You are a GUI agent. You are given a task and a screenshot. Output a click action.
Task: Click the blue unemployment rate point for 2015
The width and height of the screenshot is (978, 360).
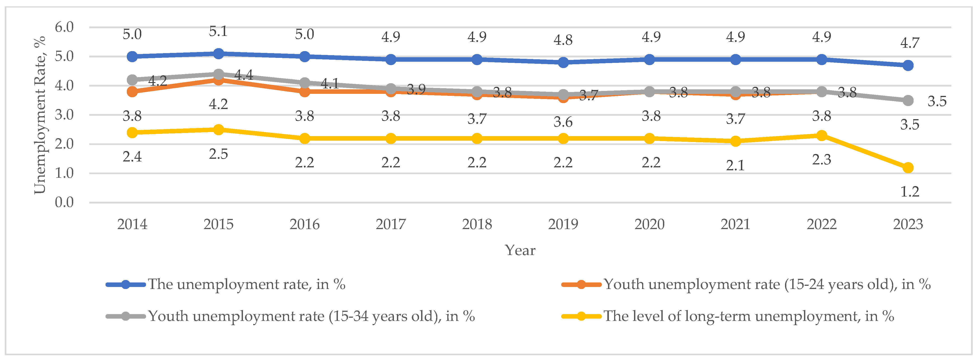click(x=218, y=54)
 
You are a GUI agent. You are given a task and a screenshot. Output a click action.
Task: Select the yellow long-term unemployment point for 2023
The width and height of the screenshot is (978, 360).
click(x=908, y=168)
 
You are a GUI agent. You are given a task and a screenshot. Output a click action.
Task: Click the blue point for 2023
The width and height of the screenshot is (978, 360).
click(x=908, y=65)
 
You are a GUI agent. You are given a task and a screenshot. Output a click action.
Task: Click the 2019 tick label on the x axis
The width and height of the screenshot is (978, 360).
click(x=563, y=224)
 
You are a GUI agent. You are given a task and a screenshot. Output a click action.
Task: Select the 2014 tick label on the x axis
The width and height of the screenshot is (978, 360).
click(x=132, y=224)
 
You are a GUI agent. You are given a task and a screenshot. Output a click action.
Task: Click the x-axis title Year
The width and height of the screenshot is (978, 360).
click(x=520, y=250)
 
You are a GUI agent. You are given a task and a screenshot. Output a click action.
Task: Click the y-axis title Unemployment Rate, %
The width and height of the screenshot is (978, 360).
click(x=40, y=115)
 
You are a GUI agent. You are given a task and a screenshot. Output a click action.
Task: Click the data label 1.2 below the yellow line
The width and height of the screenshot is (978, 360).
click(x=910, y=192)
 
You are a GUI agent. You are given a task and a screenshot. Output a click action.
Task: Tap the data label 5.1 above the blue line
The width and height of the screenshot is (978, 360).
click(x=218, y=31)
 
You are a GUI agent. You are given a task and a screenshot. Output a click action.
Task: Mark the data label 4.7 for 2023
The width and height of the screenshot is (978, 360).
click(x=910, y=43)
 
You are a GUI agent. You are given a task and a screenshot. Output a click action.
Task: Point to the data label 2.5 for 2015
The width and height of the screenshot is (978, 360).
click(x=218, y=154)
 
